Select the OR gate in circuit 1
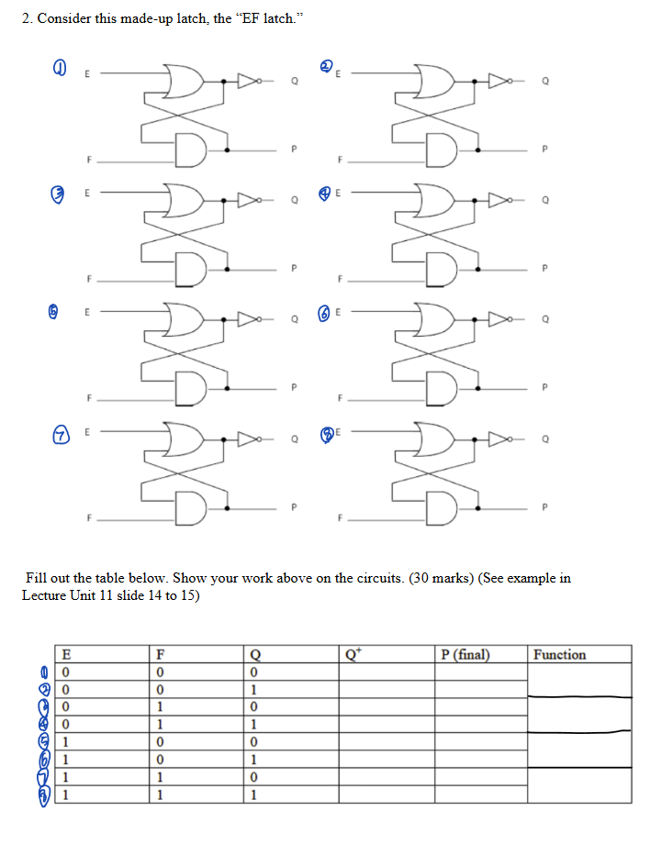point(183,81)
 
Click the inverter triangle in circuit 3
point(249,197)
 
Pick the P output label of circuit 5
point(294,386)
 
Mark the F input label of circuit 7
point(89,516)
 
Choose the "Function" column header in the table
point(559,654)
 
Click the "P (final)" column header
point(465,654)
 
